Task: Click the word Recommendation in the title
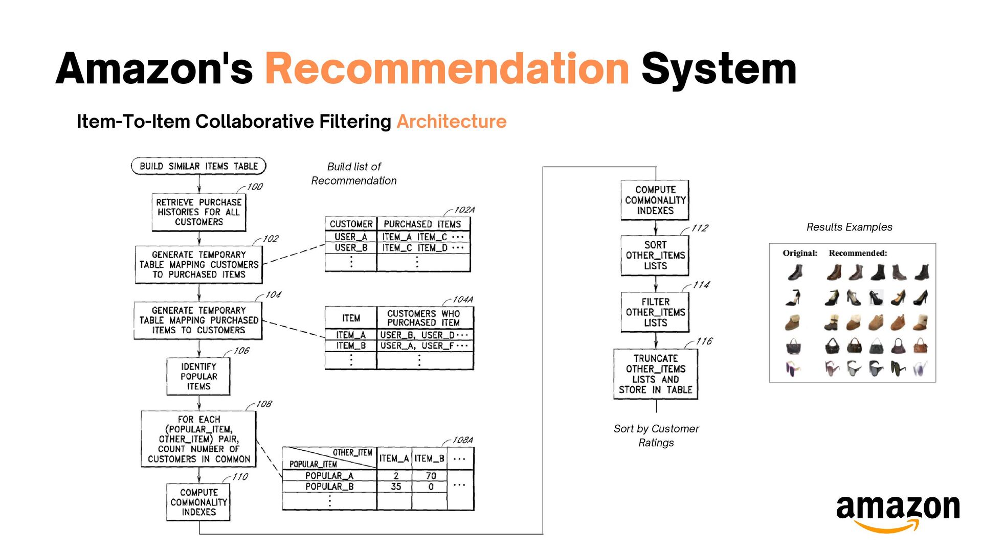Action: (447, 69)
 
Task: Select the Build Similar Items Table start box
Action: (198, 166)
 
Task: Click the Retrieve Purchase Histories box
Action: (198, 212)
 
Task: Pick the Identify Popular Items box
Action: (198, 376)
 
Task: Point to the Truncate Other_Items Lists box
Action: (655, 374)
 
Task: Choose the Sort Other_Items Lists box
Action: (655, 255)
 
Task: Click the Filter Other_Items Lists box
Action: (655, 312)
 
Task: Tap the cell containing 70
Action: (431, 476)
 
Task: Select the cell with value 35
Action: (395, 487)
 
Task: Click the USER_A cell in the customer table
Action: (351, 237)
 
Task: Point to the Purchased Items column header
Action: (422, 224)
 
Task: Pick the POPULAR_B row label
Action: (329, 487)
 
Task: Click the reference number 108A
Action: (462, 440)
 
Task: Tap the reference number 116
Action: (704, 341)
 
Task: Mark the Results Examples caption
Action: (849, 227)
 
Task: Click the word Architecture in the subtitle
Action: (452, 122)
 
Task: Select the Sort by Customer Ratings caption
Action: (656, 435)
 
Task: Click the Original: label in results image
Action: (799, 253)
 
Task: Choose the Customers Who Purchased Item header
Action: (423, 318)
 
